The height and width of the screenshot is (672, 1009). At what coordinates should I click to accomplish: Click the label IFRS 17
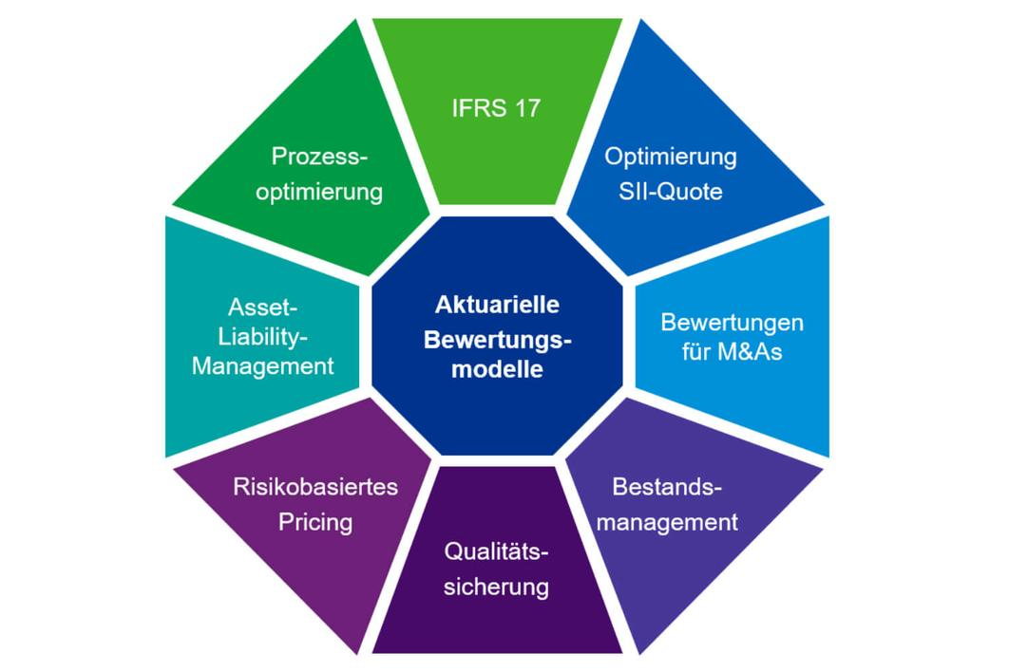495,108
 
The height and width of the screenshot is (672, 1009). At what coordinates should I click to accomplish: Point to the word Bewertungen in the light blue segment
732,322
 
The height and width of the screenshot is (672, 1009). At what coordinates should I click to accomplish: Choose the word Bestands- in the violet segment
667,488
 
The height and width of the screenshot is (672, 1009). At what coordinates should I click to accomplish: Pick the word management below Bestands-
675,521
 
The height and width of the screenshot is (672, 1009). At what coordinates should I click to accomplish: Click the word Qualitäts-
497,551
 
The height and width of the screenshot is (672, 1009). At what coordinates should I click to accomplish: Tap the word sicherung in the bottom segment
497,586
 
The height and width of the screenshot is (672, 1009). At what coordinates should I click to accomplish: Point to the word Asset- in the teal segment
263,308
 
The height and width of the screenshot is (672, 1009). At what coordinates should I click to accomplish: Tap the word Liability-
263,337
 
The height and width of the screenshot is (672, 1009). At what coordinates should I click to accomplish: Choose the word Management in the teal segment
263,366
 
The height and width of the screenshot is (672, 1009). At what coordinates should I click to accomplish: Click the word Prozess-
319,156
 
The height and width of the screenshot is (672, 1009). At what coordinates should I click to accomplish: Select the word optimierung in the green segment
319,191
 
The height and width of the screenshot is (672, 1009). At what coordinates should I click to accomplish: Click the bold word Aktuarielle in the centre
497,305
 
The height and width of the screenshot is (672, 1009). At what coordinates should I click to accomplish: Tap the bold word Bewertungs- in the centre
497,337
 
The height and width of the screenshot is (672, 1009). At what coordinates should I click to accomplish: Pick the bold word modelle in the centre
497,369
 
